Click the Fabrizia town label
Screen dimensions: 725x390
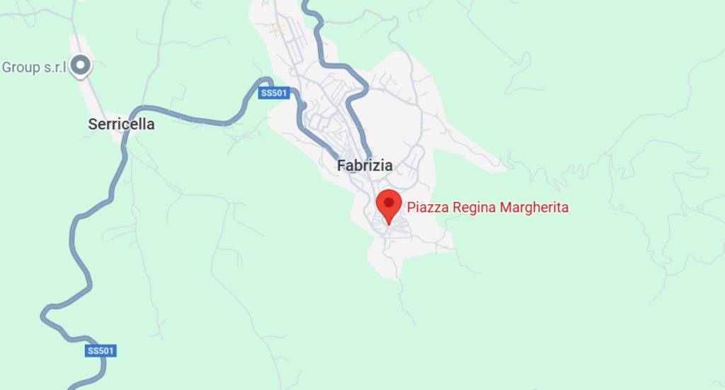[x=365, y=166]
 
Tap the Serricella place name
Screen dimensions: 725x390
[x=121, y=124]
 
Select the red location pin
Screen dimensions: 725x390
[x=388, y=204]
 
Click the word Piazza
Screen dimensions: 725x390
[x=425, y=208]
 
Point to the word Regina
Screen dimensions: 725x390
[x=472, y=208]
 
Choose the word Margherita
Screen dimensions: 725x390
[x=535, y=208]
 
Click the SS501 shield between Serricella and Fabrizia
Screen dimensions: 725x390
[x=273, y=93]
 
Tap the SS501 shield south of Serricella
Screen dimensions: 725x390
[x=101, y=351]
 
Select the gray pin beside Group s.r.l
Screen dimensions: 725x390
[x=82, y=66]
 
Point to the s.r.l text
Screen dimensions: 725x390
[x=55, y=67]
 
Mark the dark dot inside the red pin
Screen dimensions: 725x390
[x=388, y=202]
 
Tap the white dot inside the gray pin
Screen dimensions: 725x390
[x=82, y=66]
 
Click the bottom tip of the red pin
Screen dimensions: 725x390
[x=388, y=224]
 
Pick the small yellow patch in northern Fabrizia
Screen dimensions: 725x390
[x=280, y=28]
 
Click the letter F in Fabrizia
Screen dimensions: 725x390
[x=341, y=166]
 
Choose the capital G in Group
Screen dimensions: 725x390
[x=7, y=67]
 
